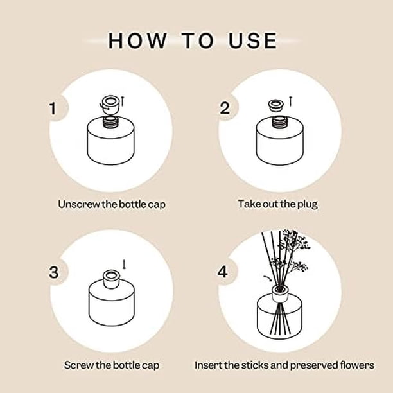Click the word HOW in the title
[137, 40]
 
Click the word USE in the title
[252, 40]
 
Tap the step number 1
[53, 109]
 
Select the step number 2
[225, 108]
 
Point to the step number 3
[54, 272]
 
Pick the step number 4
[223, 272]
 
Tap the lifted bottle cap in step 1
[110, 104]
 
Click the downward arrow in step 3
[124, 265]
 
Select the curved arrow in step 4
[268, 279]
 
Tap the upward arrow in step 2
[290, 101]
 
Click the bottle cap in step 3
[111, 279]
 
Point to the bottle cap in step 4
[280, 294]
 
